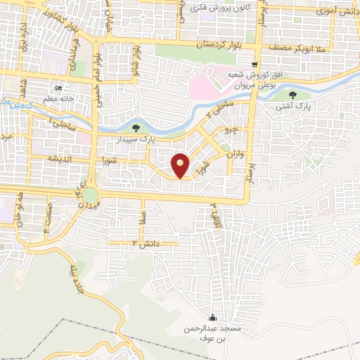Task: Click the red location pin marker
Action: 181,165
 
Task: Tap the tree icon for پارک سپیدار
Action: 136,127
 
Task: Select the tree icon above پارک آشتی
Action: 292,96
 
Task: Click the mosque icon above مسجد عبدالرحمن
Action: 214,317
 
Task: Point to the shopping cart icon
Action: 255,63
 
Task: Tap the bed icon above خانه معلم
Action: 58,89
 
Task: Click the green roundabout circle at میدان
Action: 89,195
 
